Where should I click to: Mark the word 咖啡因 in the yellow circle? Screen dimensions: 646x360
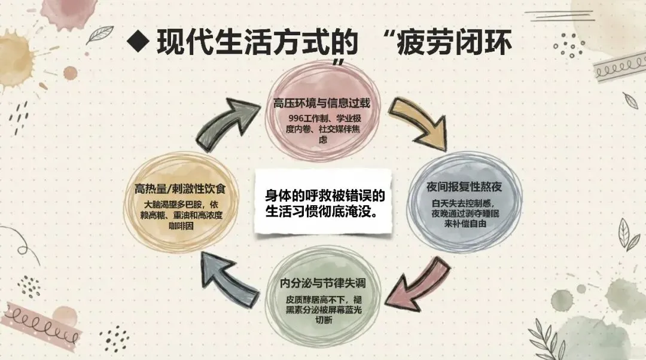(181, 227)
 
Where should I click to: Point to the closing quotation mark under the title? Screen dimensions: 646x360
(339, 63)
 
